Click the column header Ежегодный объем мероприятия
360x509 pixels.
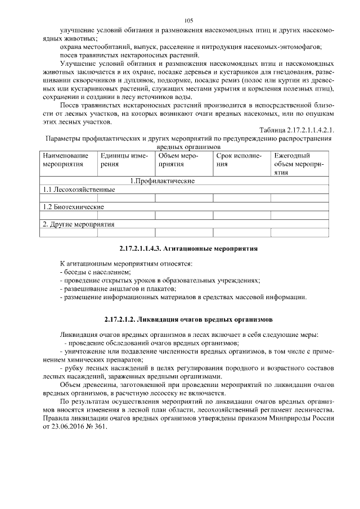[x=298, y=165]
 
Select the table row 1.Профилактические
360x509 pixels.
[x=163, y=181]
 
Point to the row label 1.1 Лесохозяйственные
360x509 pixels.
[x=79, y=190]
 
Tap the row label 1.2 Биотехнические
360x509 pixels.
[x=73, y=206]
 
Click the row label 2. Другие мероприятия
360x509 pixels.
[x=79, y=224]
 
